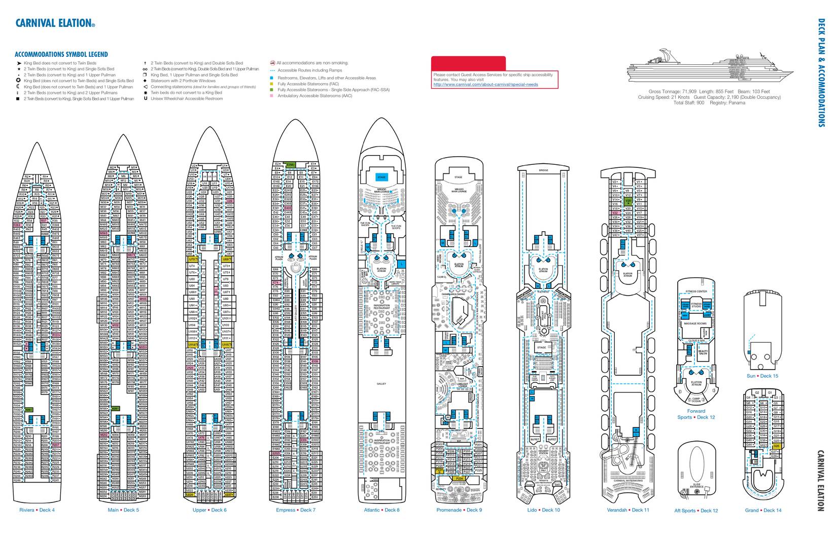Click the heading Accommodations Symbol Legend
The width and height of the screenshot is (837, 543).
coord(61,54)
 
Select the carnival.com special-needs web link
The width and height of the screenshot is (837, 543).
coord(485,85)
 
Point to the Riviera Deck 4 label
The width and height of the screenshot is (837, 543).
coord(37,510)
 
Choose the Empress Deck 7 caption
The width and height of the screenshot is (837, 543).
coord(296,510)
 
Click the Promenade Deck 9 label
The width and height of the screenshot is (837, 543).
coord(459,510)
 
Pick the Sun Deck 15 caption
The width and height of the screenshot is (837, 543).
coord(762,376)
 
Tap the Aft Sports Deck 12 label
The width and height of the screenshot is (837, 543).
coord(696,511)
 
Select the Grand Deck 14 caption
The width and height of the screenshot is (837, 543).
coord(763,511)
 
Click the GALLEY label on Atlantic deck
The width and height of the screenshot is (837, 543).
coord(381,384)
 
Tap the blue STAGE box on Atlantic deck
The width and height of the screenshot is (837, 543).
coord(381,177)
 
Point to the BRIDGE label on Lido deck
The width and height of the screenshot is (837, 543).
coord(543,171)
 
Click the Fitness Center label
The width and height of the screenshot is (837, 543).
coord(696,292)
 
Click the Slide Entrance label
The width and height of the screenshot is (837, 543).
coord(696,486)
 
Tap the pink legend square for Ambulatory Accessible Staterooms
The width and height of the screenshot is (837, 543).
coord(272,96)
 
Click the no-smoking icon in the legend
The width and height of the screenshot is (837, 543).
coord(272,63)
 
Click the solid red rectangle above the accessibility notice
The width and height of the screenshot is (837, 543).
coord(468,63)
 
